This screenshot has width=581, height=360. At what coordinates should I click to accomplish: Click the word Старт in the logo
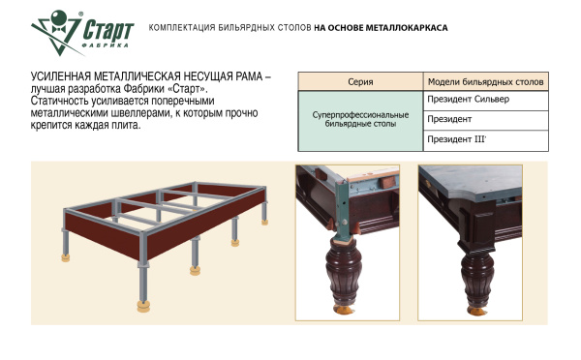tap(107, 30)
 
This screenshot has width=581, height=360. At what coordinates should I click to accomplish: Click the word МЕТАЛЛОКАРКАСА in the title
tap(407, 28)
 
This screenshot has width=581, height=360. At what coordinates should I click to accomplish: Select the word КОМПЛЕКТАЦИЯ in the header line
tap(182, 28)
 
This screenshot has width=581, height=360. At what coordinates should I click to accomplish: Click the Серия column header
tap(360, 82)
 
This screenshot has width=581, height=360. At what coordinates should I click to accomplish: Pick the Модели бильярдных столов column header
tap(485, 82)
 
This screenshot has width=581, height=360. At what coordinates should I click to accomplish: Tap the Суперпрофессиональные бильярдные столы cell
tap(360, 119)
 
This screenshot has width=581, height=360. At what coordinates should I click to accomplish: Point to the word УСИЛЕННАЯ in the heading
tap(61, 76)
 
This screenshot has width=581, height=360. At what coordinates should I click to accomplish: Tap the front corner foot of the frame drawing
tap(143, 306)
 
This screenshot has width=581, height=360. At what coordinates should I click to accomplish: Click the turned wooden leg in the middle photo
tap(343, 272)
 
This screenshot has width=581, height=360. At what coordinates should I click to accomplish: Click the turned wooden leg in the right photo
tap(477, 277)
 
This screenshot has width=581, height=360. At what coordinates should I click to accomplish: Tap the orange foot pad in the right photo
tap(476, 311)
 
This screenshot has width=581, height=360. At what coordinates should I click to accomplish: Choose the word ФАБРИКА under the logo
tap(105, 45)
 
